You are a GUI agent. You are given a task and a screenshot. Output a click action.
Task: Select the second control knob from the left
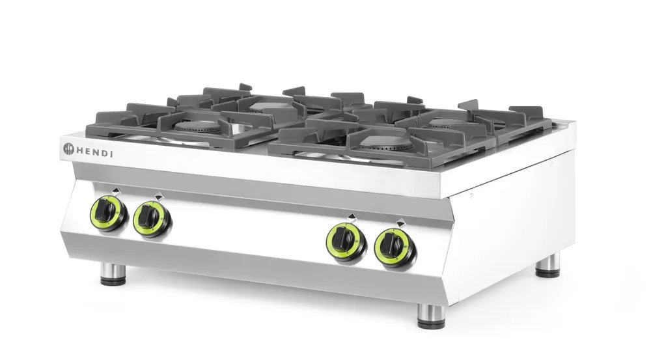pyautogui.click(x=149, y=218)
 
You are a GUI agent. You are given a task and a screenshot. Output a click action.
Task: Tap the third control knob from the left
pyautogui.click(x=342, y=240)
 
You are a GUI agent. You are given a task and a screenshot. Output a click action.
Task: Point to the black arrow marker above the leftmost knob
pyautogui.click(x=115, y=190)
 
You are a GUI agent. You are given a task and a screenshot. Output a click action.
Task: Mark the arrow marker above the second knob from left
pyautogui.click(x=158, y=195)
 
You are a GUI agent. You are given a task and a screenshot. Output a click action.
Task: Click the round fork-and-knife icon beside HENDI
pyautogui.click(x=69, y=150)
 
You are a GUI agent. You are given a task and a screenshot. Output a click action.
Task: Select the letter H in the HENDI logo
pyautogui.click(x=80, y=152)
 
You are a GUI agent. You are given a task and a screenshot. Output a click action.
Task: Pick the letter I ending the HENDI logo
pyautogui.click(x=112, y=154)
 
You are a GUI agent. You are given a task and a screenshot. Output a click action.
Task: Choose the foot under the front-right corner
pyautogui.click(x=431, y=315)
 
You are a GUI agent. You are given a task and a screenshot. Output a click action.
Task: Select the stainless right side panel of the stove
pyautogui.click(x=514, y=221)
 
